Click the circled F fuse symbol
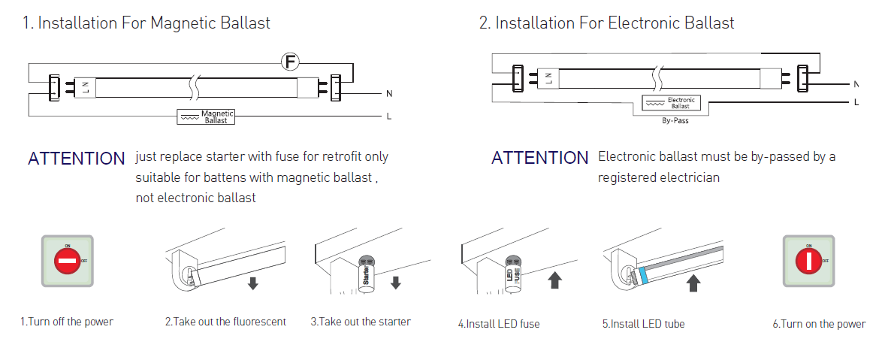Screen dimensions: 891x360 (x=291, y=62)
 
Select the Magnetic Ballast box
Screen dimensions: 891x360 (x=207, y=116)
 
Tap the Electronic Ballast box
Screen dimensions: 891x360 (x=671, y=103)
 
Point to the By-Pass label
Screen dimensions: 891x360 (x=675, y=120)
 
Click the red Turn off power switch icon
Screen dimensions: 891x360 (x=68, y=262)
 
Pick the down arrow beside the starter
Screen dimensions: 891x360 (x=396, y=282)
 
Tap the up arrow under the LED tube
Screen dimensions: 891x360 (x=693, y=283)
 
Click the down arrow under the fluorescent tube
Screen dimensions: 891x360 (x=253, y=283)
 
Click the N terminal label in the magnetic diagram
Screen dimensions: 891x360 (x=389, y=93)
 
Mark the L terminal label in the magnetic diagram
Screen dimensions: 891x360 (x=388, y=116)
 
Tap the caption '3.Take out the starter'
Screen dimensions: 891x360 (x=361, y=322)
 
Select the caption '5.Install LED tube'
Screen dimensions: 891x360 (x=643, y=324)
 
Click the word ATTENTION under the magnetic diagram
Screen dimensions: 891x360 (x=77, y=159)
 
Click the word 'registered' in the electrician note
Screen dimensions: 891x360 (x=627, y=178)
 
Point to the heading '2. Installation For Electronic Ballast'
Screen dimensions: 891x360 (x=607, y=23)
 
